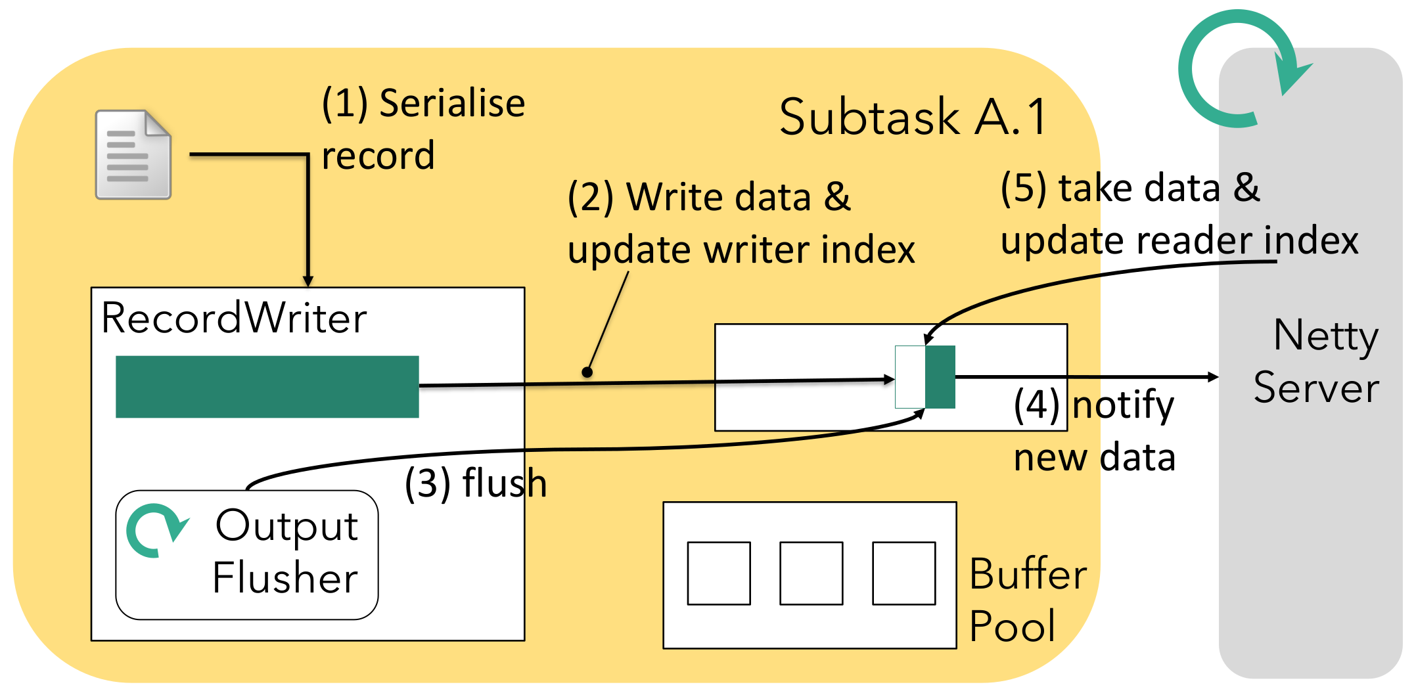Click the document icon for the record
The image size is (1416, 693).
[133, 155]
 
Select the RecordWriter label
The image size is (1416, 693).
[234, 319]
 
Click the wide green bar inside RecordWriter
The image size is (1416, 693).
[267, 386]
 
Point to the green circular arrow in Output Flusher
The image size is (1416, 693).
[156, 530]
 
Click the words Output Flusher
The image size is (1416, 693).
[286, 552]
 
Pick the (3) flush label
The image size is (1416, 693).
[475, 483]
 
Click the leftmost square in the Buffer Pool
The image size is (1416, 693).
[719, 573]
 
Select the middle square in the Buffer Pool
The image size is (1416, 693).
[811, 573]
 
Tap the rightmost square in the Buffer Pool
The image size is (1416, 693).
[904, 573]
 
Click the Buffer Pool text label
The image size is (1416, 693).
[1027, 599]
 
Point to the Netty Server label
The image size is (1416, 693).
[1317, 361]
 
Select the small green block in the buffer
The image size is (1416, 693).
[940, 377]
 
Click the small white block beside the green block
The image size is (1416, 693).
[910, 377]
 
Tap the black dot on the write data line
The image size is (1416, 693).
[587, 372]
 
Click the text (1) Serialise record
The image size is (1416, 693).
[423, 129]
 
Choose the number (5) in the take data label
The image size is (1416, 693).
[1023, 189]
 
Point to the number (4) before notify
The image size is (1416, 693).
[1036, 405]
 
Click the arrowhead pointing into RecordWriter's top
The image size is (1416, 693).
[308, 281]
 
